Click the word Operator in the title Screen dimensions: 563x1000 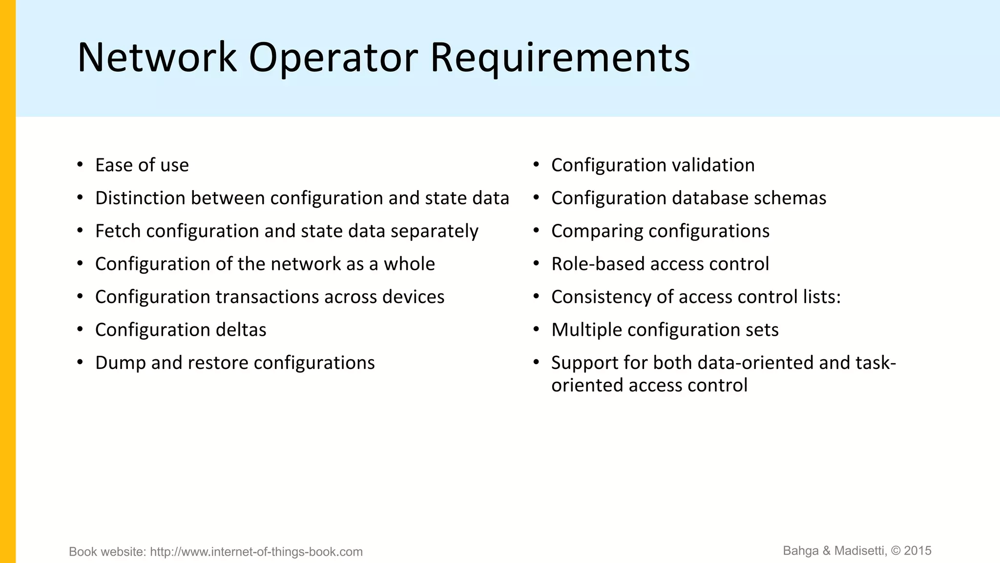333,58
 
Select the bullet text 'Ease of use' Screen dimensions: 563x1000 142,165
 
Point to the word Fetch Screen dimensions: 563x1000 118,231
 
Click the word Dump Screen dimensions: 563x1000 120,363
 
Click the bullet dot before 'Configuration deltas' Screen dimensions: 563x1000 80,329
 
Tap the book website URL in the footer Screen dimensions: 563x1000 256,552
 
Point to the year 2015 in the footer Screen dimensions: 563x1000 917,551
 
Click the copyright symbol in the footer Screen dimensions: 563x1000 896,551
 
